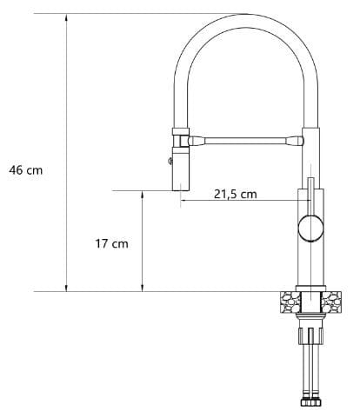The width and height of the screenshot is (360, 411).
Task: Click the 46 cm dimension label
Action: click(x=26, y=170)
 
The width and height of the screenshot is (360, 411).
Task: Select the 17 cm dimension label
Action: click(x=112, y=243)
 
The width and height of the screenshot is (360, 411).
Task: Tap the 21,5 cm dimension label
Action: click(x=236, y=194)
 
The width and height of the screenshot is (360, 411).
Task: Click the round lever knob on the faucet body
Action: click(x=310, y=229)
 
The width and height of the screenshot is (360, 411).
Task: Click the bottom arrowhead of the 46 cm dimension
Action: click(x=66, y=288)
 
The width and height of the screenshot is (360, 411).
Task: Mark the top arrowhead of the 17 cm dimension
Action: click(x=142, y=195)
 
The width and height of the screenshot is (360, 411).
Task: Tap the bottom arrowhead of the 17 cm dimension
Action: click(x=142, y=288)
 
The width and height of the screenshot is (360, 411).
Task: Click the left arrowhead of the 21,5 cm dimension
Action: click(x=184, y=200)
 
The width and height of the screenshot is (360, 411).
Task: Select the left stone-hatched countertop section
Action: click(x=290, y=302)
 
